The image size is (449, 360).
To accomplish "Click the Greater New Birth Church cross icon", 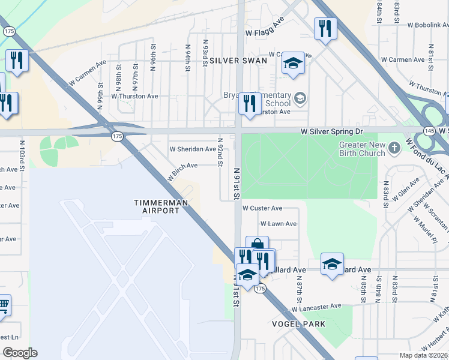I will point(394,147).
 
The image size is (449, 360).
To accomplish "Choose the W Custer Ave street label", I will point(262,208).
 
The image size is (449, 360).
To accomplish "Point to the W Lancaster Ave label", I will point(317,307).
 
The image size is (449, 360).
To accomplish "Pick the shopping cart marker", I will point(3,306).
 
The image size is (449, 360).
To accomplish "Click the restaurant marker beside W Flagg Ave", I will point(325,28).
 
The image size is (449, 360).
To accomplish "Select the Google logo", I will point(20,353).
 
